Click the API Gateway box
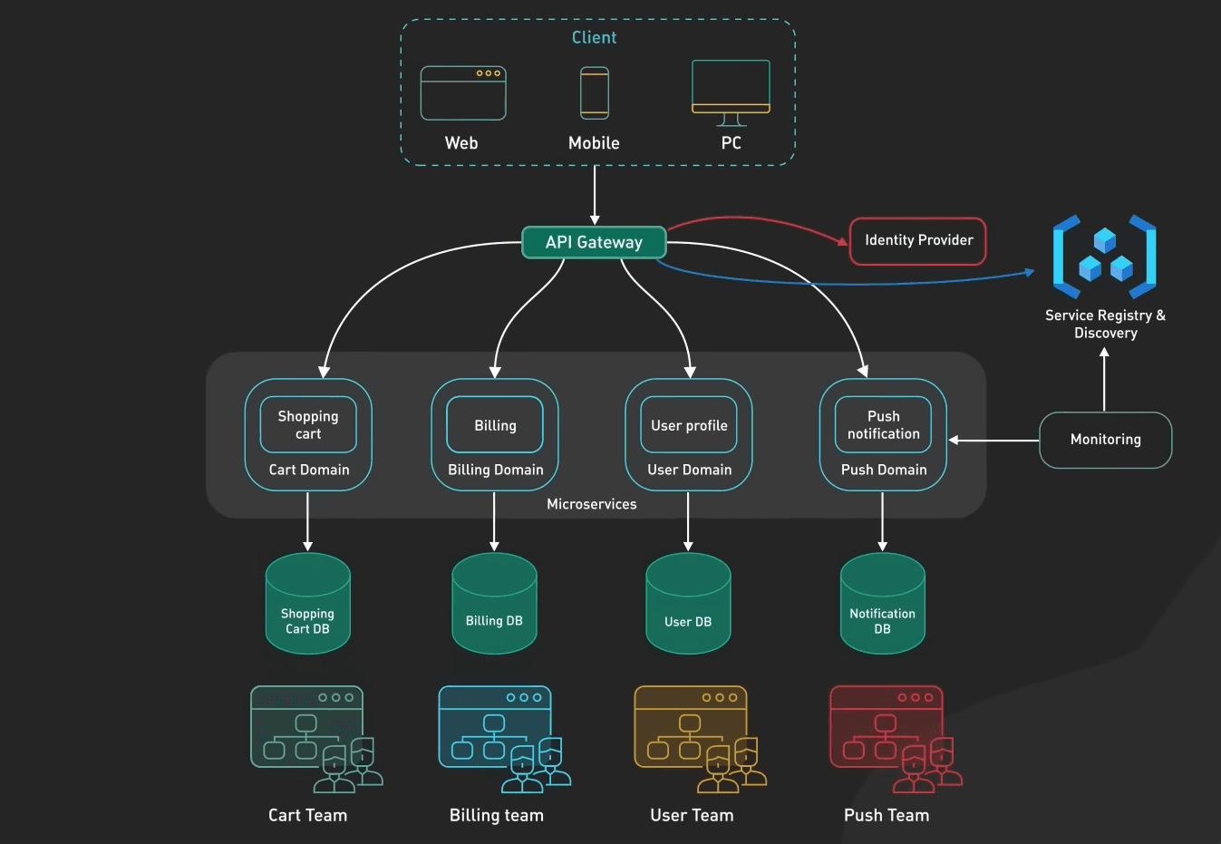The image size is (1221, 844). point(594,242)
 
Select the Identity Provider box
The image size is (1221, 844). point(917,241)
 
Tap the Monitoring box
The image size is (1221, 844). point(1105,440)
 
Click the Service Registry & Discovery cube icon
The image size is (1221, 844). point(1104,257)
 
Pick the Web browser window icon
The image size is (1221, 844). point(463,93)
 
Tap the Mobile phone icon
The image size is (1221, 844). point(595,93)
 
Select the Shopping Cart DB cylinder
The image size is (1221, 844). point(307,604)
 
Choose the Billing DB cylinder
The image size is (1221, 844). point(494,604)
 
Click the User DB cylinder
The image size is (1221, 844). point(688,604)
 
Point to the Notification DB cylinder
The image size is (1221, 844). point(882,604)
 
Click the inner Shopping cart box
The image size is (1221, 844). point(308,424)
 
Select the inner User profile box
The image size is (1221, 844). point(689,424)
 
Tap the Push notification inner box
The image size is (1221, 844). point(883,424)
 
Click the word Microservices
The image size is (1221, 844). point(591,504)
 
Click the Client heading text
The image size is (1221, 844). point(594,37)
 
